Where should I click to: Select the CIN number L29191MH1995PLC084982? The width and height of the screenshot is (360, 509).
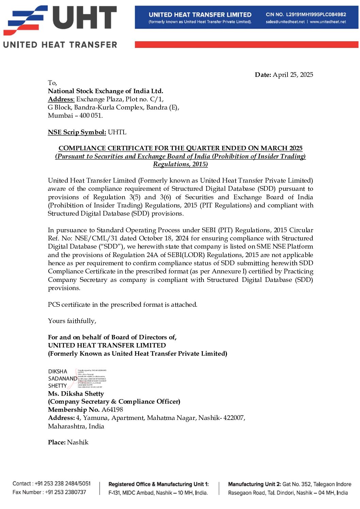click(x=316, y=15)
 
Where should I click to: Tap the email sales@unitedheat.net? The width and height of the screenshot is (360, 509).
click(x=285, y=22)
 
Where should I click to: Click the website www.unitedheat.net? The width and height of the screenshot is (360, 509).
click(x=328, y=22)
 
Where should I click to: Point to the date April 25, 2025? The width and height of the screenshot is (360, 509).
click(x=293, y=75)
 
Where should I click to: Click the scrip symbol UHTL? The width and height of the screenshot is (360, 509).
click(x=117, y=132)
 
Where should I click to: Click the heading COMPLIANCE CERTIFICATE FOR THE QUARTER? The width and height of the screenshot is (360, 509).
click(x=180, y=148)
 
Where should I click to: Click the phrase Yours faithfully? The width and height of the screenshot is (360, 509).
click(x=72, y=321)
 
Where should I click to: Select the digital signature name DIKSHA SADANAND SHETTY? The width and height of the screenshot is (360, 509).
click(x=62, y=378)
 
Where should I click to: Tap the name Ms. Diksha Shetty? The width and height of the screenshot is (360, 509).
click(x=76, y=394)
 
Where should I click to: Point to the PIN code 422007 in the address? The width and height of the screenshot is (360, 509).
click(x=234, y=418)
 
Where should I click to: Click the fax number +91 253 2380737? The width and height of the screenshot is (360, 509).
click(x=66, y=492)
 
